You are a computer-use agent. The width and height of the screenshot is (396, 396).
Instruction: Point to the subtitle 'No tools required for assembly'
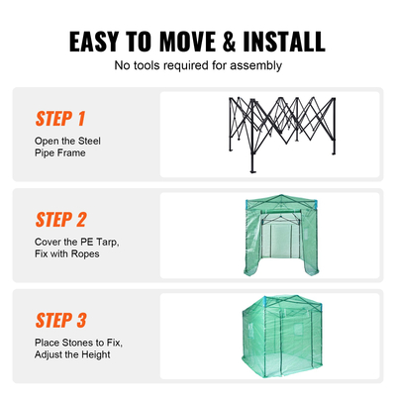198,66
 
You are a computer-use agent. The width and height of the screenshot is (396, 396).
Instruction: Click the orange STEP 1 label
60,120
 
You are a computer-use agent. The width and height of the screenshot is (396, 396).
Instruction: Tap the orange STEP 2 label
60,219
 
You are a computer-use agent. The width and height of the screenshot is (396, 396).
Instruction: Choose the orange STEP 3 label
60,320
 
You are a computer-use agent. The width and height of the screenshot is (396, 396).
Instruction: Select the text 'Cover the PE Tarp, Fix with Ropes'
69,247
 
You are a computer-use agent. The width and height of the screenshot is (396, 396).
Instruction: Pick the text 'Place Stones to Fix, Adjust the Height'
77,346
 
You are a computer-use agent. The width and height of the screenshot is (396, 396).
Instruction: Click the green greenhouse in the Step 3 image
270,337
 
